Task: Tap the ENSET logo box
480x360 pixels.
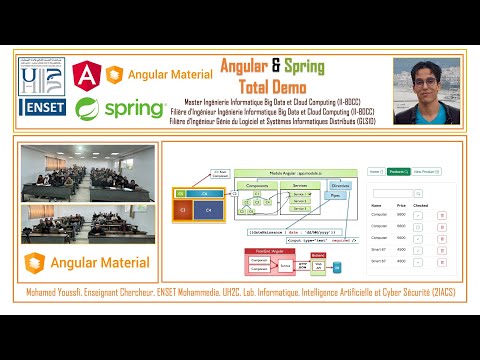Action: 42,106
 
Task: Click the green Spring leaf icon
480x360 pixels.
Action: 87,107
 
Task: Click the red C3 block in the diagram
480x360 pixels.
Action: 184,211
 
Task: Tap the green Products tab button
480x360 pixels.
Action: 398,171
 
